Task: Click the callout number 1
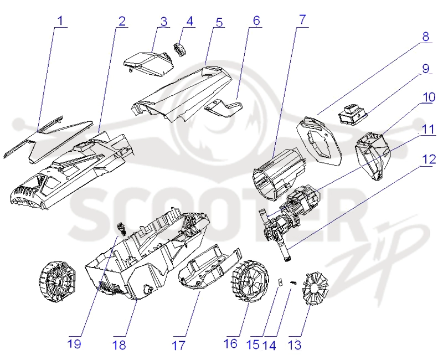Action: (60, 20)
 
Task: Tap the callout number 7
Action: (302, 19)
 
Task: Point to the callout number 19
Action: (74, 344)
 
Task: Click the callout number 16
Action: (230, 343)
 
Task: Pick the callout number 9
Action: (425, 68)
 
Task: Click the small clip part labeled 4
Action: (180, 49)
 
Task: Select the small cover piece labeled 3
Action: (148, 63)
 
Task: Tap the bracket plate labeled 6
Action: (224, 108)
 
